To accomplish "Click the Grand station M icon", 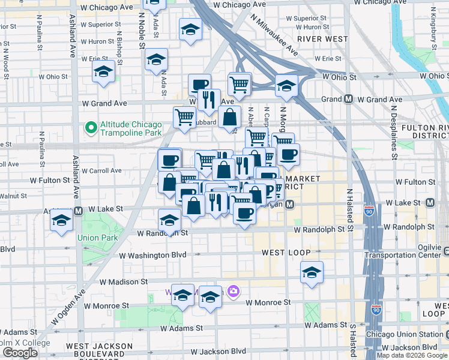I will [x=348, y=99].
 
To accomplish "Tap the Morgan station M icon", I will [x=289, y=205].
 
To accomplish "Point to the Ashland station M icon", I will [x=78, y=211].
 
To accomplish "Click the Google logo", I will [x=20, y=353].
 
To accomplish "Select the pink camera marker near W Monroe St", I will [x=234, y=292].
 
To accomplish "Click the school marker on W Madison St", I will [x=312, y=273].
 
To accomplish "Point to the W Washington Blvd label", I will [x=153, y=255].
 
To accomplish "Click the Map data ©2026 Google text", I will [x=412, y=355].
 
